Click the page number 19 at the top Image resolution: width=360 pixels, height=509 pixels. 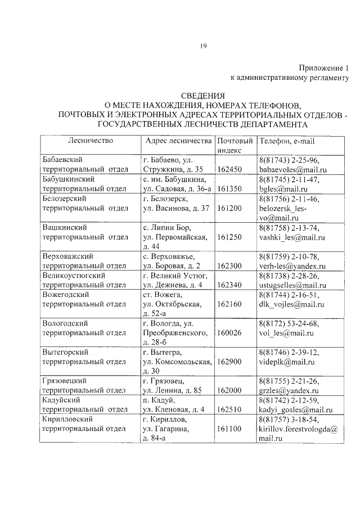203,47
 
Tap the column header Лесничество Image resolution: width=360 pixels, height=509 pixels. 91,140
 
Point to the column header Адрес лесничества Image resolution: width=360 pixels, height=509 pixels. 178,140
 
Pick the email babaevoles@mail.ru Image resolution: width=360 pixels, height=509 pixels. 292,169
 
